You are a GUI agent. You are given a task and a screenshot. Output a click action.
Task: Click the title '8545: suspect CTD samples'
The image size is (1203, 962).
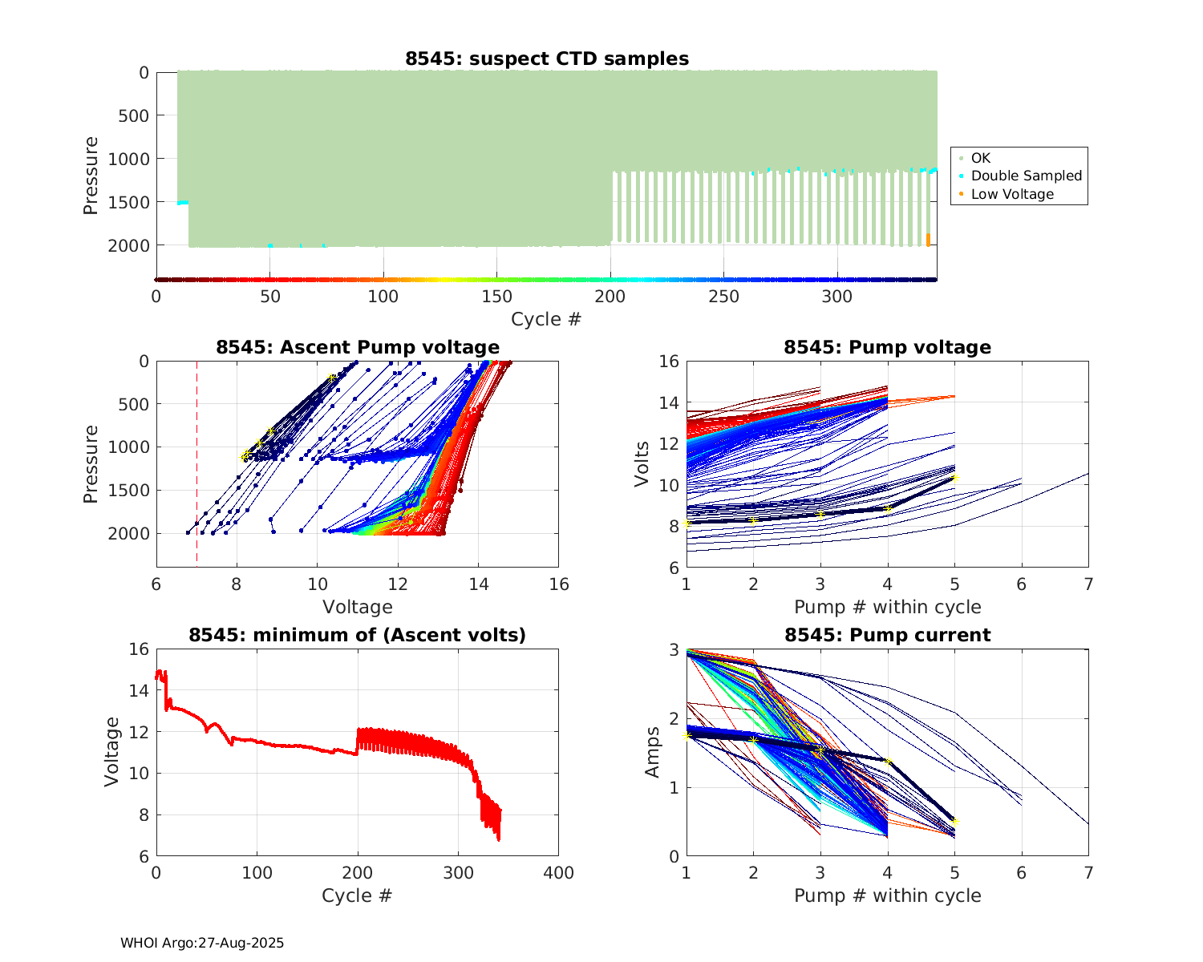546,59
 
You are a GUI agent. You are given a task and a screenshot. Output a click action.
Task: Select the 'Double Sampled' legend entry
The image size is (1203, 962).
1026,176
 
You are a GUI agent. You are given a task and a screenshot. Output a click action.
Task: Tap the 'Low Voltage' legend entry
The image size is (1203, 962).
1012,194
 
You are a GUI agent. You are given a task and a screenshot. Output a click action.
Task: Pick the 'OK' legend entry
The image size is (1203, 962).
981,158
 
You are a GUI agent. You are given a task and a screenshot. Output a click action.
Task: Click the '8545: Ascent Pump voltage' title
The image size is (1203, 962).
358,347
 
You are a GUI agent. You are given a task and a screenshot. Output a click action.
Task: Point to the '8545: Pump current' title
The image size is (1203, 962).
887,635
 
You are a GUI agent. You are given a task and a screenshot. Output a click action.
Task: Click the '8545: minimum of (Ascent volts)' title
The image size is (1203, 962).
358,635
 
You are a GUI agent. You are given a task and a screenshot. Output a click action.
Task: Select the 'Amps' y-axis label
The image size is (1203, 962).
653,752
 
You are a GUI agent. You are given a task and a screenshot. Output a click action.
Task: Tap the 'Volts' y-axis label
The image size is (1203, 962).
642,463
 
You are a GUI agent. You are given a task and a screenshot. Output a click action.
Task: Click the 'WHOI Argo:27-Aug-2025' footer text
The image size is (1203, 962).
202,943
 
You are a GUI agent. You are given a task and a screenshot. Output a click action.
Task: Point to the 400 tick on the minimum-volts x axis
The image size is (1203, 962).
558,873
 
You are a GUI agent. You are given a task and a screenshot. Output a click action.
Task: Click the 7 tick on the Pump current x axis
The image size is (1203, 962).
1088,873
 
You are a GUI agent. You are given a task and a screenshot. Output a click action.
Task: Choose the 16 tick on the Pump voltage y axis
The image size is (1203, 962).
670,362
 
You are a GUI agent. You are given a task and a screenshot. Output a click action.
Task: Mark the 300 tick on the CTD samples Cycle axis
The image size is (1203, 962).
837,297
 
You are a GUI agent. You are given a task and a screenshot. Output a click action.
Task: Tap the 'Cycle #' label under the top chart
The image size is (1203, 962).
546,319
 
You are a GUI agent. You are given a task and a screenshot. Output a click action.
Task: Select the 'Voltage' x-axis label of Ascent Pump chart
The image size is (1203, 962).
358,607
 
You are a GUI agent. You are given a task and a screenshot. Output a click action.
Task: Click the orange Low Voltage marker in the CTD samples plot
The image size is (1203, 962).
929,240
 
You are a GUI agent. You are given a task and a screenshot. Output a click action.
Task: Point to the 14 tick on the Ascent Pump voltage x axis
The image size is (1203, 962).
479,584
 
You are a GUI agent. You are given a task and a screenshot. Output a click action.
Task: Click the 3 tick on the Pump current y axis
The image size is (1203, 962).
674,649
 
